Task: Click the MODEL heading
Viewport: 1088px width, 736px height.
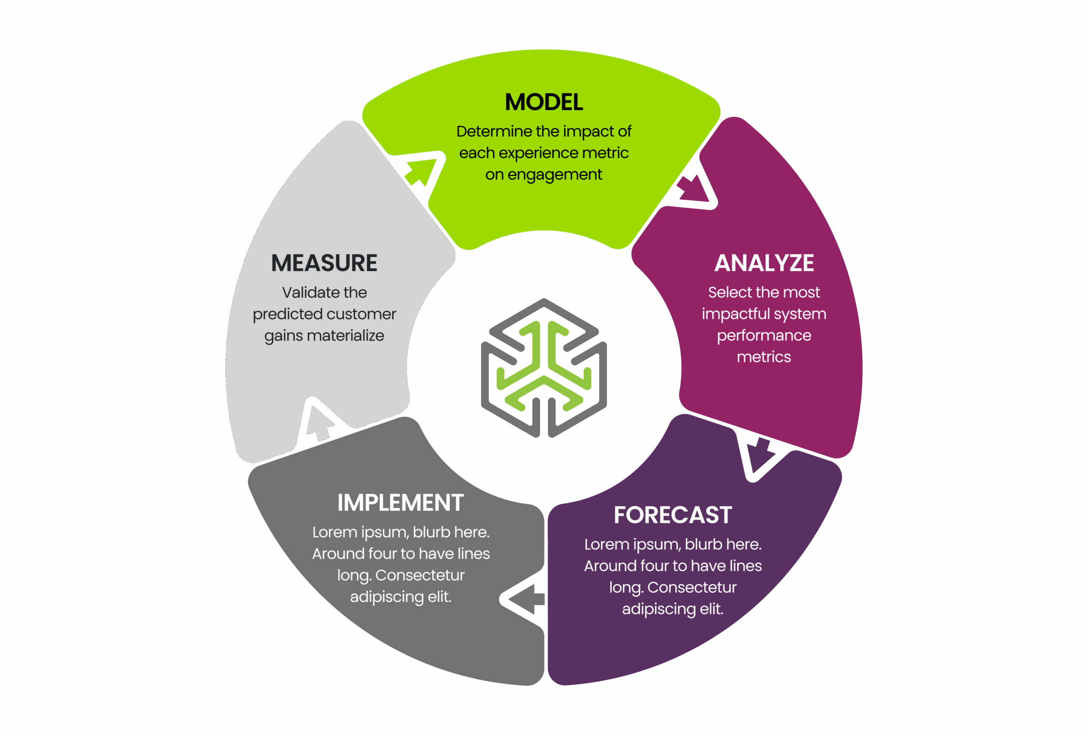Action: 544,102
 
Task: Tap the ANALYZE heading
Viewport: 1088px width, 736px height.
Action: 764,263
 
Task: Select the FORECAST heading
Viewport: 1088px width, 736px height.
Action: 673,515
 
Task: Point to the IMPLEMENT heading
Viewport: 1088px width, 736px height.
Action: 400,503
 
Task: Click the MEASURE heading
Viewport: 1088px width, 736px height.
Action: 324,263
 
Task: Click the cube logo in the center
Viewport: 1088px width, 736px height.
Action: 544,368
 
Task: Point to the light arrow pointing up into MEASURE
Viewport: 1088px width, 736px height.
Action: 320,422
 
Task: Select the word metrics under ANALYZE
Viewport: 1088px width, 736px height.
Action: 764,357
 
